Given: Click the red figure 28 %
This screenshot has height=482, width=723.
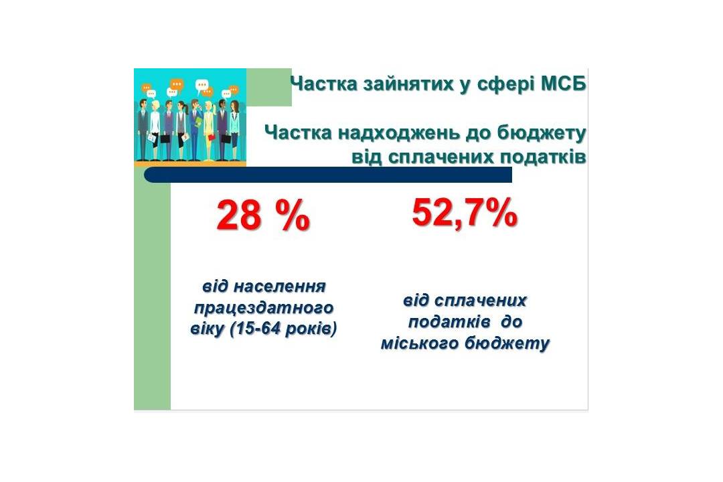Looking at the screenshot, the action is click(263, 216).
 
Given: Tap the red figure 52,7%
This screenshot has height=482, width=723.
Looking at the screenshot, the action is click(465, 213).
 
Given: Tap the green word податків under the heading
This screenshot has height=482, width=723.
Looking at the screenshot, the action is click(544, 157).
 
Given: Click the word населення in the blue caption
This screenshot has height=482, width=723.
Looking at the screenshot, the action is click(280, 287).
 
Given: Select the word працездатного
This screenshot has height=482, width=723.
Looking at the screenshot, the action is click(264, 308).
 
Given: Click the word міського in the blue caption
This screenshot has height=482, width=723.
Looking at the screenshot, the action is click(420, 343).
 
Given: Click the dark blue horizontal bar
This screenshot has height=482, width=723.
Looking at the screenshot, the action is click(328, 175).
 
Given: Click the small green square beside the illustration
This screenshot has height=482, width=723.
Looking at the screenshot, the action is click(269, 87).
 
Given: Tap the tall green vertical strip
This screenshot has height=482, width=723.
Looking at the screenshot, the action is click(152, 295).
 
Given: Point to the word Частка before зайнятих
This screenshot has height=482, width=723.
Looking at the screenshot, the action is click(324, 84).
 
